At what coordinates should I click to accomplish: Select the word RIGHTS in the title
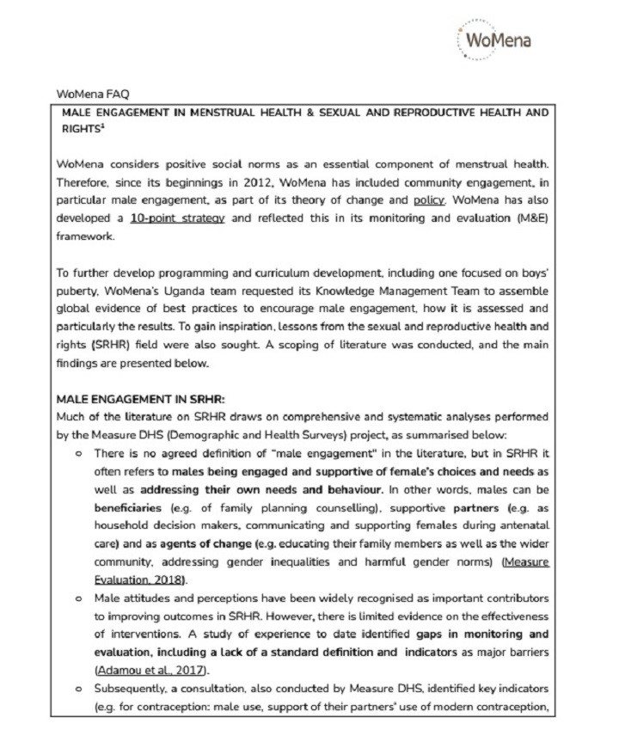tap(77, 128)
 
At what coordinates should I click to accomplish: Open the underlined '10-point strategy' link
tap(178, 218)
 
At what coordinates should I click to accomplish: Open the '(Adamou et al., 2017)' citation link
tap(150, 671)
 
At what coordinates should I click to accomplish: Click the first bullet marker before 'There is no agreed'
tap(79, 454)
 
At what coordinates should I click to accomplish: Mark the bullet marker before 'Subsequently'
tap(79, 690)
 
